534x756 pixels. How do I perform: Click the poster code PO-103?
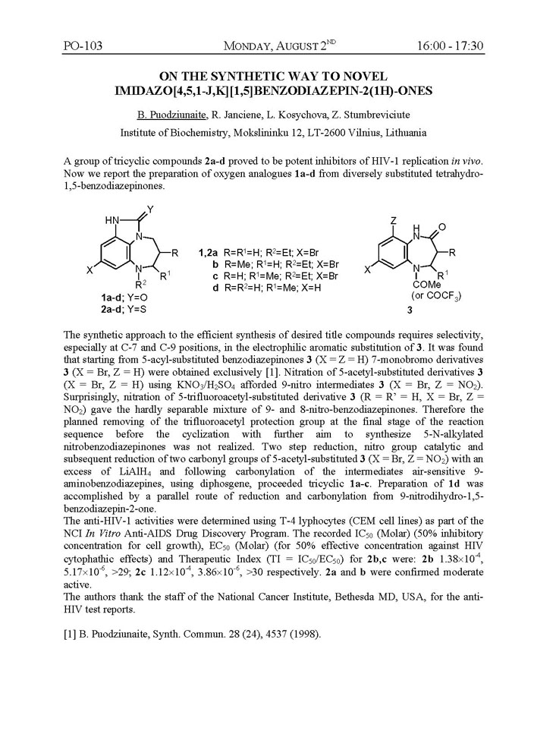82,47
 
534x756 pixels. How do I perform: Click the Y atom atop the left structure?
151,208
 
